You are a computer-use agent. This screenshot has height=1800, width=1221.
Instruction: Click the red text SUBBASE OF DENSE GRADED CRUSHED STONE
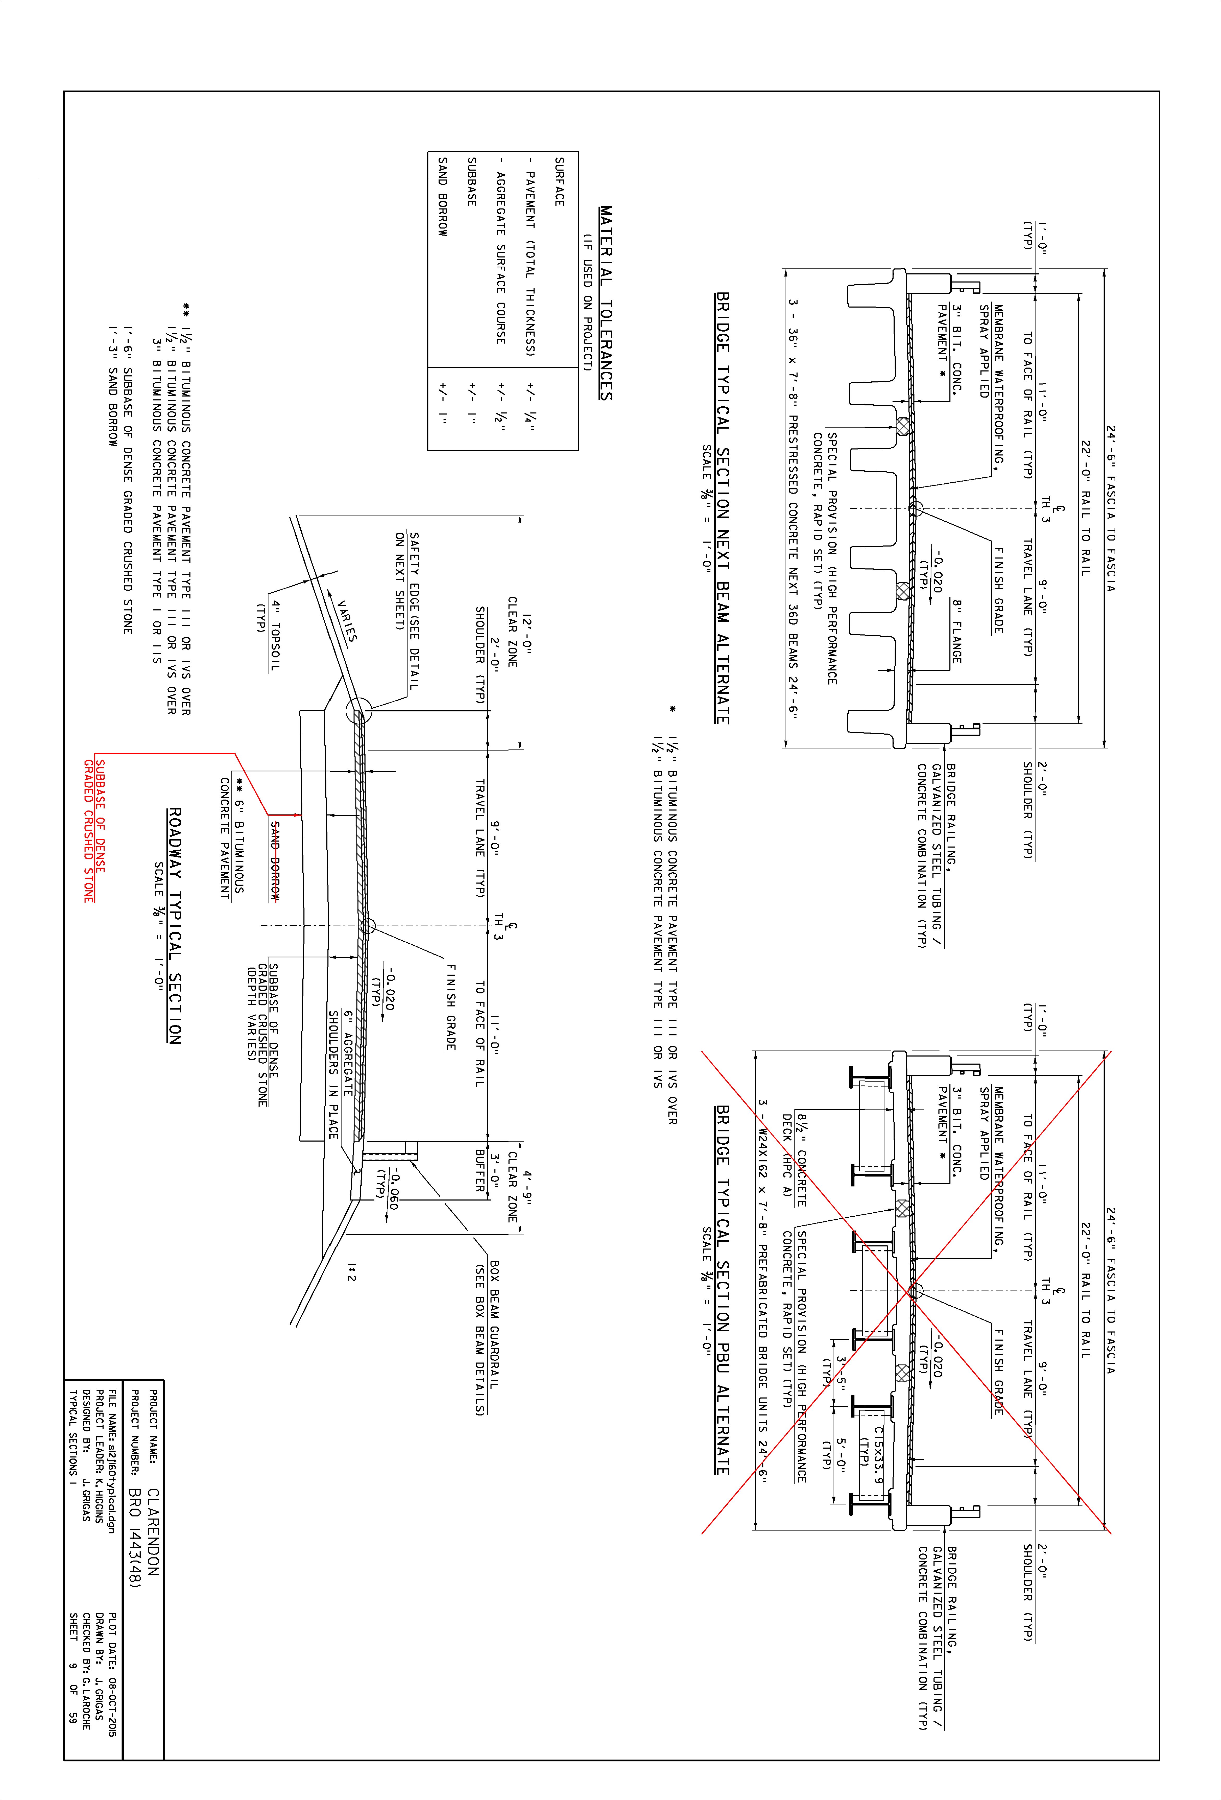tap(94, 831)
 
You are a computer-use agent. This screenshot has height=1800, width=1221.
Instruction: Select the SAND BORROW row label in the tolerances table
tap(442, 197)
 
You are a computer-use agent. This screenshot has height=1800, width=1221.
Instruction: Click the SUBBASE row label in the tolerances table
tap(472, 181)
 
